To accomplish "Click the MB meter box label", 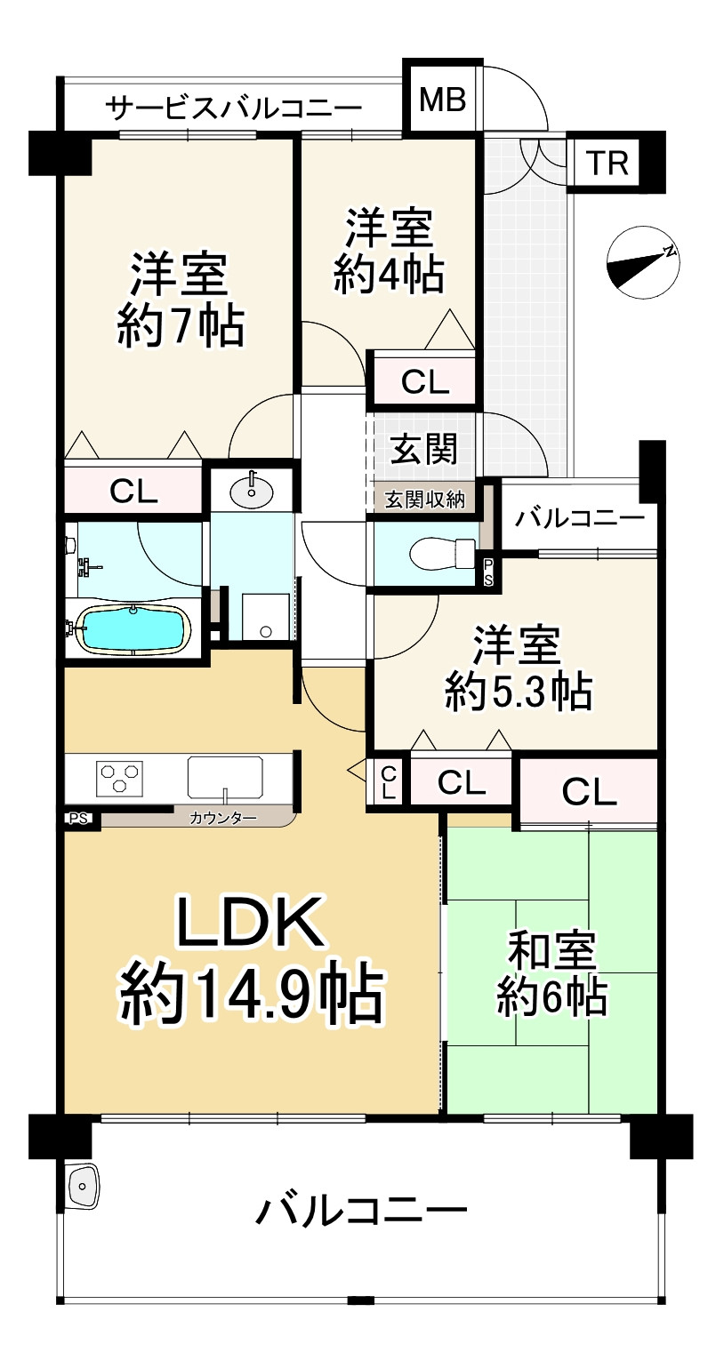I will tap(442, 100).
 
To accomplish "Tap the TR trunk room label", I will tap(608, 164).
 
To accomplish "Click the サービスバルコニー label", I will tap(234, 108).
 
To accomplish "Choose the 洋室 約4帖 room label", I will tap(389, 252).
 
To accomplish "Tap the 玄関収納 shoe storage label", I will tap(424, 500).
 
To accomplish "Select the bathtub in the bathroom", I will tap(133, 629).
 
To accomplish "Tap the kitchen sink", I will tap(226, 778).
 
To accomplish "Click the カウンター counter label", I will tap(222, 817).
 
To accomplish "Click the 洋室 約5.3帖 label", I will tap(518, 668).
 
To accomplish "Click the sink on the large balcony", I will tap(83, 1186).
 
